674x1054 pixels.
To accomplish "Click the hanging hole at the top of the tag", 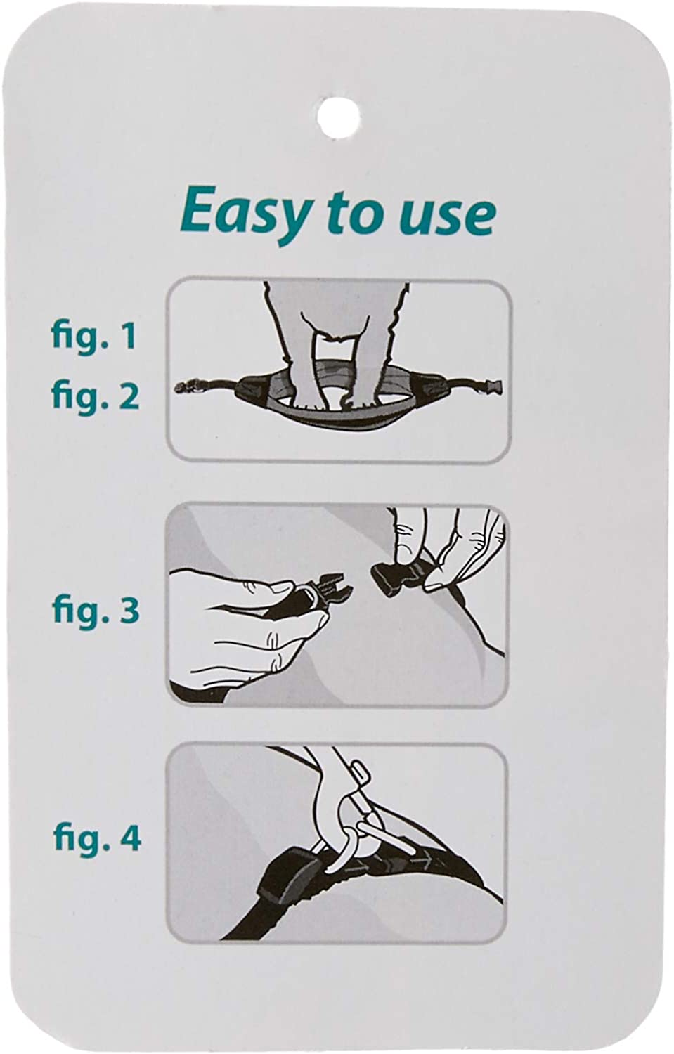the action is tap(338, 117).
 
